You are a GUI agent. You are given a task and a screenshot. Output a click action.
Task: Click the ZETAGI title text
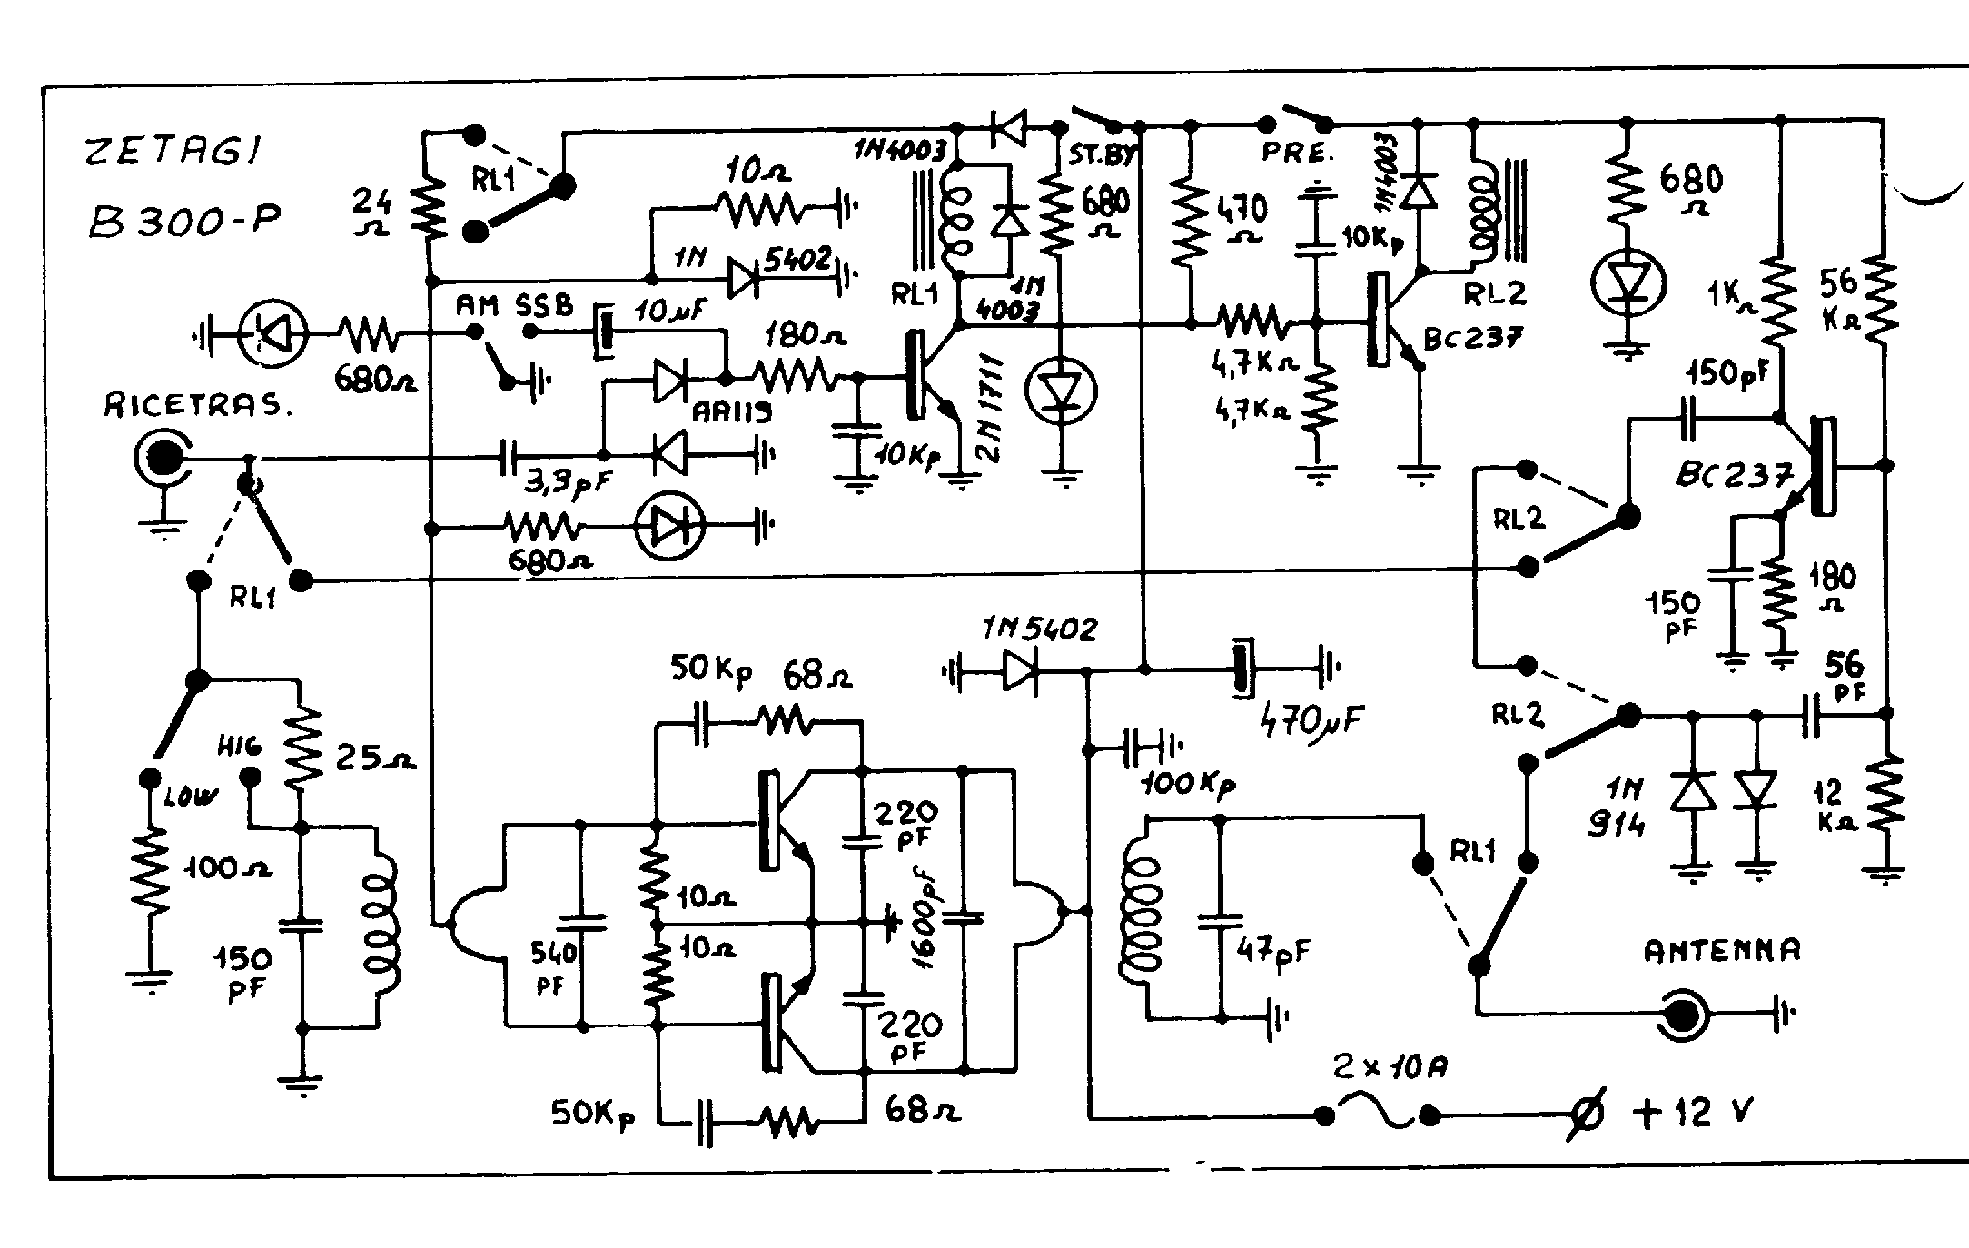coord(173,152)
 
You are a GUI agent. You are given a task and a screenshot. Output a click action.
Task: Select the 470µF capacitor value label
coord(1311,720)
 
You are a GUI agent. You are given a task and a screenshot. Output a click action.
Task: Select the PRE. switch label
coord(1296,153)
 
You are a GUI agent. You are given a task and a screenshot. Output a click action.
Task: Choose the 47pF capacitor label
coord(1274,950)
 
